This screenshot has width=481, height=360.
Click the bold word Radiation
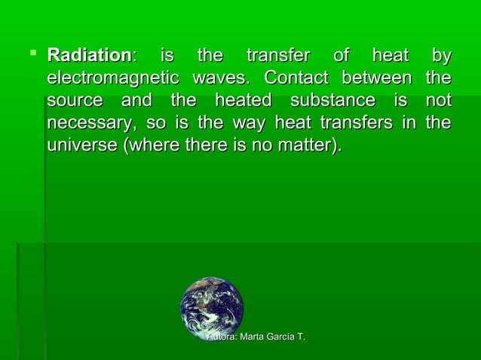[x=89, y=56]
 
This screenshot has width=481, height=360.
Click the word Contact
[x=296, y=78]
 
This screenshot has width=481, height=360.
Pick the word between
[x=376, y=78]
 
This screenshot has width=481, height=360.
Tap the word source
[x=74, y=101]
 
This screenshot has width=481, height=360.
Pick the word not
[x=438, y=101]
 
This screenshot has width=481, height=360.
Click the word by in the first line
[x=440, y=56]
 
